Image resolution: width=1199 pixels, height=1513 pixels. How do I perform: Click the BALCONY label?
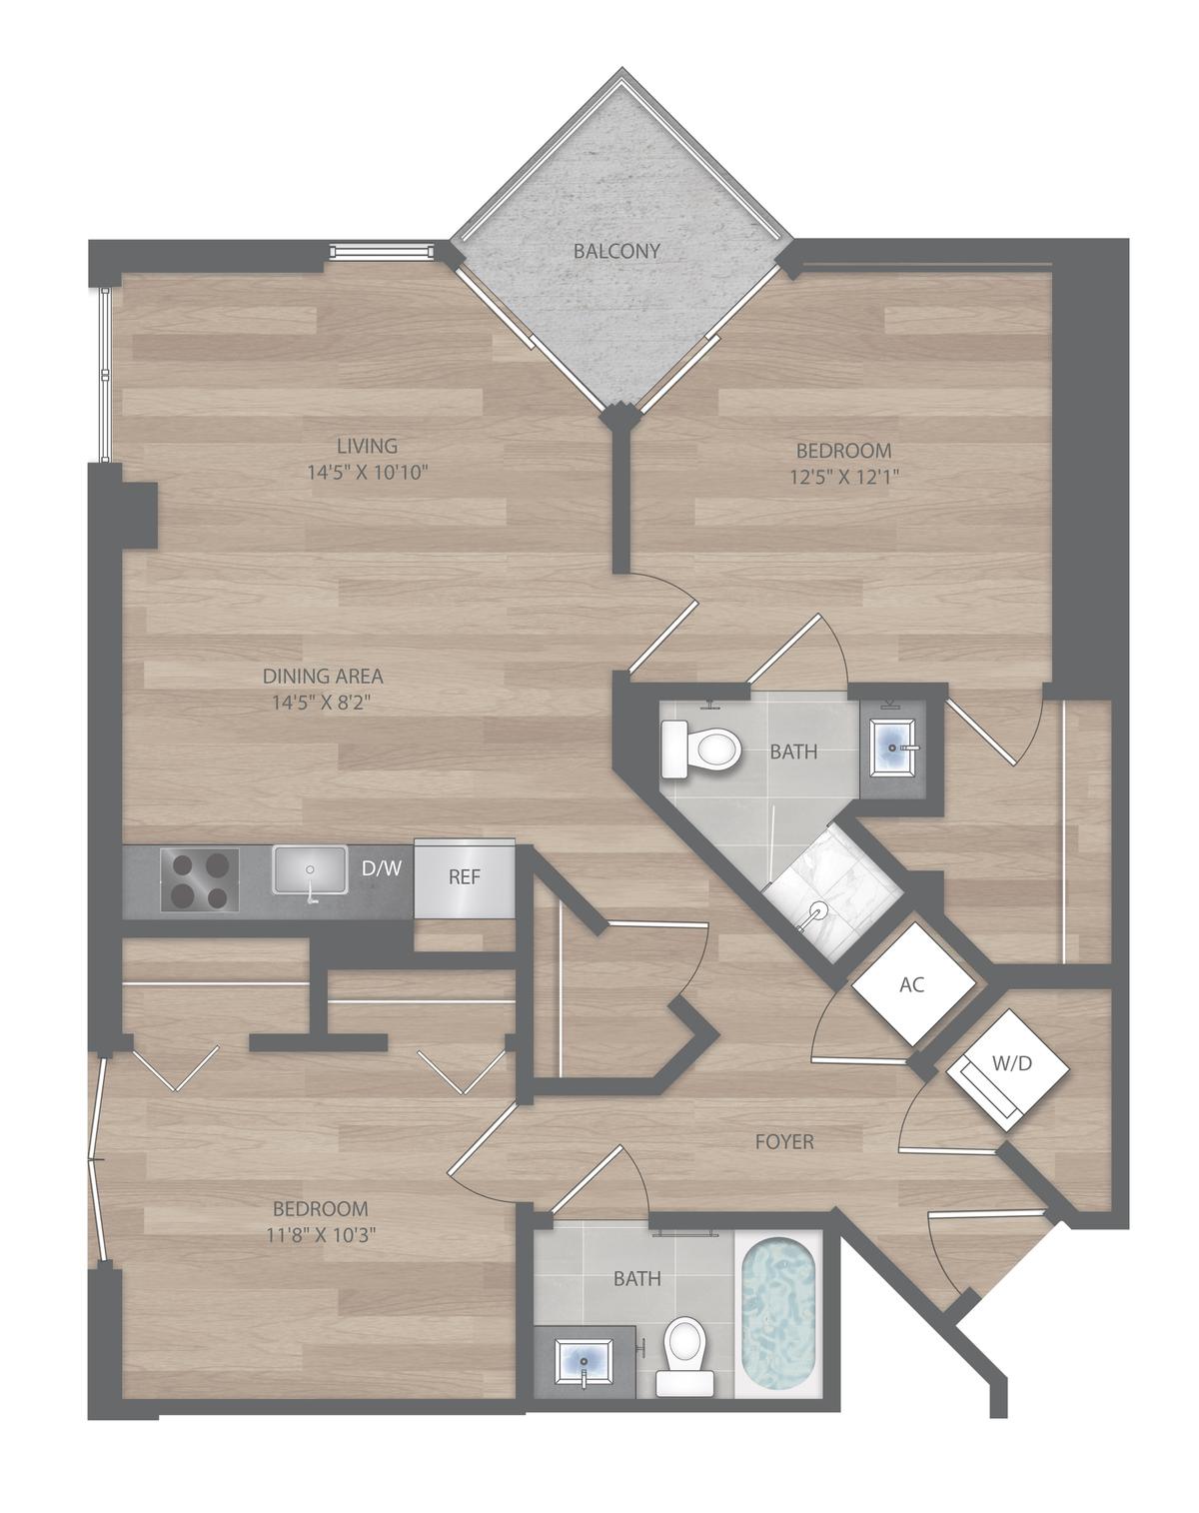point(616,251)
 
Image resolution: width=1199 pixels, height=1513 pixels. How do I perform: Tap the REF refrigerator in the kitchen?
point(465,878)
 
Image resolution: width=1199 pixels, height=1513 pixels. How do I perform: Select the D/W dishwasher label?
point(381,868)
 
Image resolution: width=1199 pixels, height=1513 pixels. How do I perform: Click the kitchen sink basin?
point(310,869)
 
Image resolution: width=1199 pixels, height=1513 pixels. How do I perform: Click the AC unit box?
point(913,983)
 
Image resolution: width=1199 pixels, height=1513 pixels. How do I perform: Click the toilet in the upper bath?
point(701,750)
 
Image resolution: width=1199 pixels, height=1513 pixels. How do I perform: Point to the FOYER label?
point(784,1142)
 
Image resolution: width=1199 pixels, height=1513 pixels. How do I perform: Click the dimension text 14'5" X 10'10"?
point(368,472)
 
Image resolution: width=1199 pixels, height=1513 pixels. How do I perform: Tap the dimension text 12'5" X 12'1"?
point(844,477)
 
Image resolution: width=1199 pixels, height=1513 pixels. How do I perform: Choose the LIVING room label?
point(367,446)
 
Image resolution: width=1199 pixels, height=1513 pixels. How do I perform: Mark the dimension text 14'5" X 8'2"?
point(322,702)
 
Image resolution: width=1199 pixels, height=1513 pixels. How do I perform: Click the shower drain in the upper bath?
point(818,912)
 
